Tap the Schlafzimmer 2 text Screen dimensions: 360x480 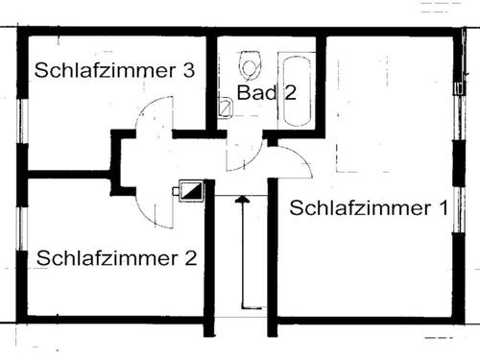pyautogui.click(x=117, y=257)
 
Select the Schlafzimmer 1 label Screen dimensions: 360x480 pyautogui.click(x=369, y=207)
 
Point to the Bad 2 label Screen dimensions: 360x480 pyautogui.click(x=260, y=93)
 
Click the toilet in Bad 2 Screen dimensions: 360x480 pyautogui.click(x=251, y=65)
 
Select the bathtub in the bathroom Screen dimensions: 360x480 pyautogui.click(x=296, y=89)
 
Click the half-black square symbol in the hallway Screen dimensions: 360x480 pyautogui.click(x=192, y=191)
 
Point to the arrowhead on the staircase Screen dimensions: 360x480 pyautogui.click(x=242, y=199)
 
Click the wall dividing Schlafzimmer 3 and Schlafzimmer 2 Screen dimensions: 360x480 pyautogui.click(x=67, y=175)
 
